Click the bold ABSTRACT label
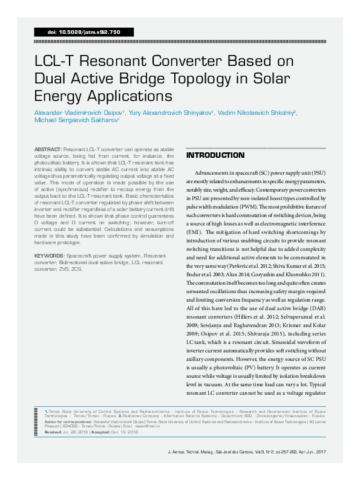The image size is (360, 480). pos(48,148)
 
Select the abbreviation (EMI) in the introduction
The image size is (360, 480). pos(195,232)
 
